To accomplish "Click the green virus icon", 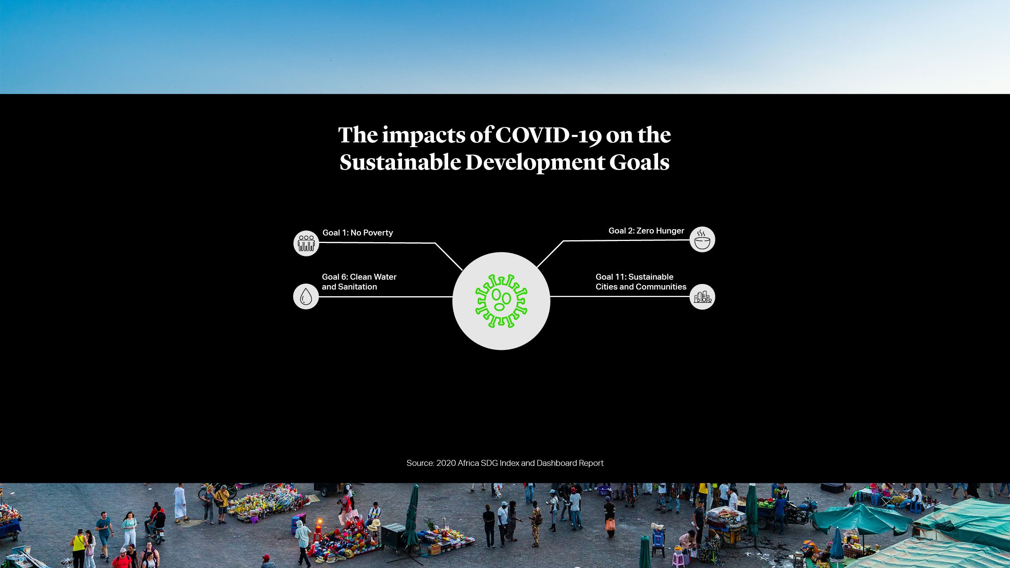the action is pos(501,301).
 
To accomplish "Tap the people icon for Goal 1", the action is pos(306,243).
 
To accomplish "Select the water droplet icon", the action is pos(306,297).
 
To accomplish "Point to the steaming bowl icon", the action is pos(702,239).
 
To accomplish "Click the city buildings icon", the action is pos(703,297).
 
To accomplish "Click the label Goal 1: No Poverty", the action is pos(358,233).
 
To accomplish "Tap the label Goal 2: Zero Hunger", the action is pos(646,231).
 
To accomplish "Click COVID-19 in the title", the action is pos(548,135).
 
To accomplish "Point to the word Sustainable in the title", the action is pos(400,162).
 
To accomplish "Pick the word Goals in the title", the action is pos(639,162).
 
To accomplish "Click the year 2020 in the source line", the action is pos(446,463).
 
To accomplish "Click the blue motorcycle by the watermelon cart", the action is pos(801,511).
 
